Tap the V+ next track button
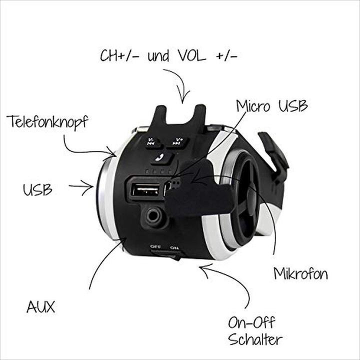click(x=177, y=141)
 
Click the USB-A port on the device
click(x=146, y=189)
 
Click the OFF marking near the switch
click(x=155, y=247)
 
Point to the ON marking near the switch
click(x=174, y=247)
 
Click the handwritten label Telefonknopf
click(x=47, y=121)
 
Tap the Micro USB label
click(x=272, y=106)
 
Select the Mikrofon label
click(x=301, y=273)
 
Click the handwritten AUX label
click(x=41, y=306)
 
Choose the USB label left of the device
click(x=37, y=189)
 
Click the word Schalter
click(x=255, y=339)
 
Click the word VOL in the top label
click(x=192, y=55)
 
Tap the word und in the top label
click(x=158, y=56)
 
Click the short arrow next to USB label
click(x=81, y=187)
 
